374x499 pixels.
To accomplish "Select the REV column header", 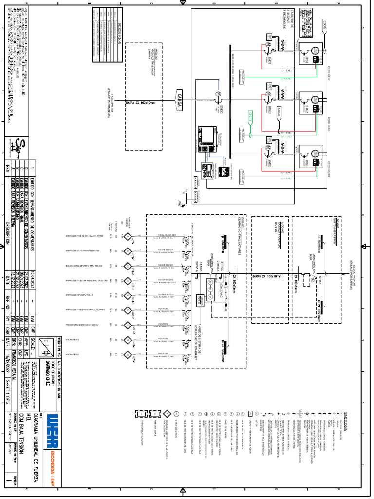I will (7, 169).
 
